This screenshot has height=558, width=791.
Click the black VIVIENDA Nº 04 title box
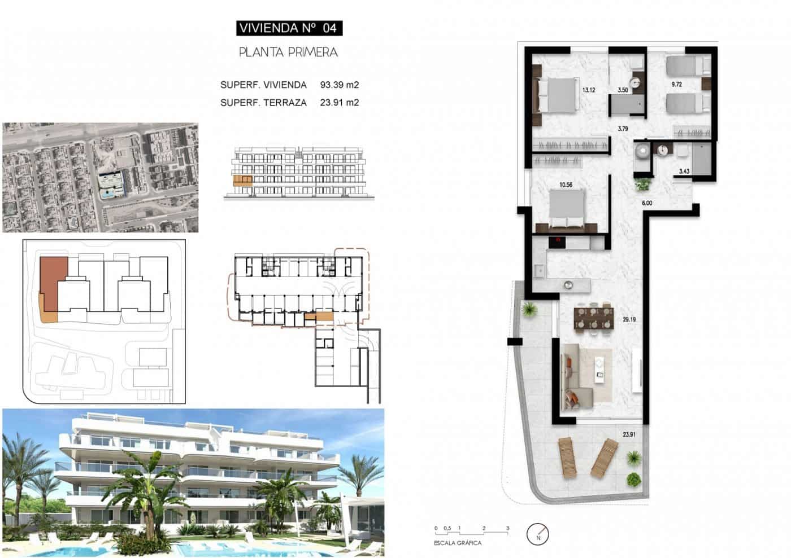(289, 28)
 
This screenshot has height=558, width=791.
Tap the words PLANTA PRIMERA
(288, 52)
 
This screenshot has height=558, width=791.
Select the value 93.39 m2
(339, 85)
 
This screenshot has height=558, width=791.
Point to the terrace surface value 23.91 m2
(339, 103)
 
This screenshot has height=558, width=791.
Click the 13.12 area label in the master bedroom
(589, 89)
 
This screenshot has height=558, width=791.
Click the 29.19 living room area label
(630, 319)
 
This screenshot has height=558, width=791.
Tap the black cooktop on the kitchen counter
(558, 242)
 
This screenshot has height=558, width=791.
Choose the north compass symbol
(538, 533)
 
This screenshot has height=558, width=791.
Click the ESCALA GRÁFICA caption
(458, 543)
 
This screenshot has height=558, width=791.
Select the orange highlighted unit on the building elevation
(242, 181)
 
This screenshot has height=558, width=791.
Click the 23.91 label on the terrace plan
(630, 434)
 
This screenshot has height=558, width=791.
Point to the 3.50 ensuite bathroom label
(623, 90)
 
